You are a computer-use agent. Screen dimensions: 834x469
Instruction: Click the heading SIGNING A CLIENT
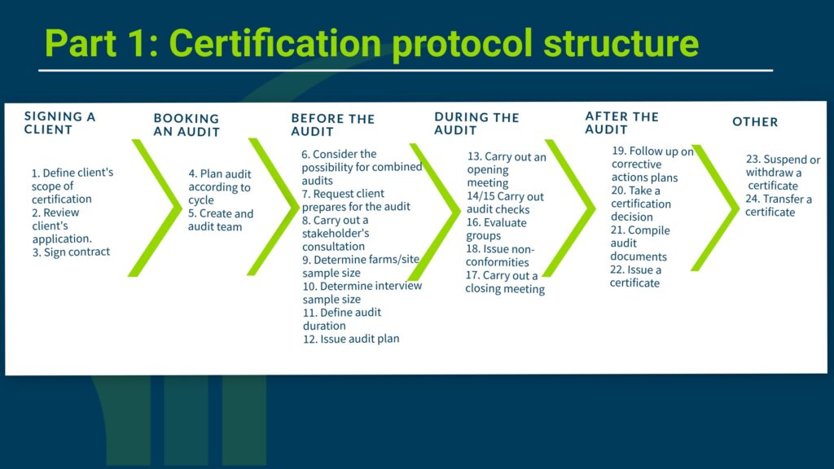pyautogui.click(x=59, y=123)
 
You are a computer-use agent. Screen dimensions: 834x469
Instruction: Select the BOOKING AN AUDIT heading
pyautogui.click(x=187, y=125)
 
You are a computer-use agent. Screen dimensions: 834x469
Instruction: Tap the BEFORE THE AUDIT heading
pyautogui.click(x=333, y=125)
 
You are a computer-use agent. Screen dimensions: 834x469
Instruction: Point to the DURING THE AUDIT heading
pyautogui.click(x=476, y=124)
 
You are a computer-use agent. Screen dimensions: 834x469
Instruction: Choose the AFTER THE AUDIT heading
pyautogui.click(x=621, y=123)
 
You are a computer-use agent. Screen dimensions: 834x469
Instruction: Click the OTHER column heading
pyautogui.click(x=755, y=122)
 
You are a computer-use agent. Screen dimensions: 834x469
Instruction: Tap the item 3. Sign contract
pyautogui.click(x=71, y=252)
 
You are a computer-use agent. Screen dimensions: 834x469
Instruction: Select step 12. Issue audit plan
pyautogui.click(x=351, y=339)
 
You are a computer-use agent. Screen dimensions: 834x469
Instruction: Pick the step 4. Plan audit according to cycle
pyautogui.click(x=219, y=186)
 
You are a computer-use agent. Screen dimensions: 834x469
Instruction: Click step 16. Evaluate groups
pyautogui.click(x=496, y=229)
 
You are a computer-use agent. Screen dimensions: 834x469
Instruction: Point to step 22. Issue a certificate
pyautogui.click(x=635, y=276)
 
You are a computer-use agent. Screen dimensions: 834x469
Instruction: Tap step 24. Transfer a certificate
pyautogui.click(x=778, y=205)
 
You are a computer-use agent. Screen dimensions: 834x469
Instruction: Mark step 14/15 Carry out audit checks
pyautogui.click(x=505, y=203)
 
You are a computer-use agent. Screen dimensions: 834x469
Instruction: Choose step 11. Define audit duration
pyautogui.click(x=342, y=319)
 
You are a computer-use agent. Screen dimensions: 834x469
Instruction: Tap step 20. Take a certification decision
pyautogui.click(x=640, y=204)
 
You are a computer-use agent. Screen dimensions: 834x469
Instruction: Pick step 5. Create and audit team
pyautogui.click(x=220, y=220)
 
